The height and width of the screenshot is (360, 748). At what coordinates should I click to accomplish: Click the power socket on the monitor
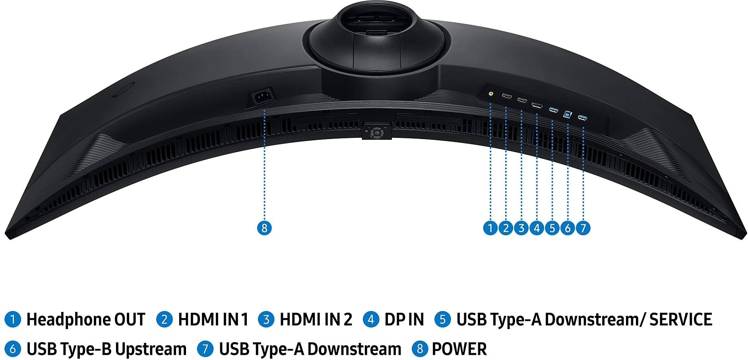[x=261, y=97]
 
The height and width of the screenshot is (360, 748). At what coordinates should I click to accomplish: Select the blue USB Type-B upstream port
[x=568, y=114]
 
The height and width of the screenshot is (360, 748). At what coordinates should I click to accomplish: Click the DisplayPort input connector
[x=537, y=105]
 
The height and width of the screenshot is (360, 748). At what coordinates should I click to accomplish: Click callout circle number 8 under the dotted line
[x=264, y=228]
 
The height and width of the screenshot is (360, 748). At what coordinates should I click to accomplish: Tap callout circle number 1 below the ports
[x=490, y=228]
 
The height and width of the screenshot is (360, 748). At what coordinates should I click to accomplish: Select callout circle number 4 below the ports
[x=537, y=228]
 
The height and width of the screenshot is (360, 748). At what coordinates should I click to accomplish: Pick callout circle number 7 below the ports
[x=583, y=228]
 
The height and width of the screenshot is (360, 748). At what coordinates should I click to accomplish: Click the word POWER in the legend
[x=459, y=349]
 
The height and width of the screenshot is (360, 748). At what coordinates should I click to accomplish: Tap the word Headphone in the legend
[x=68, y=319]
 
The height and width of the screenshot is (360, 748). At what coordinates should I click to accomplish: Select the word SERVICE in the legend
[x=681, y=319]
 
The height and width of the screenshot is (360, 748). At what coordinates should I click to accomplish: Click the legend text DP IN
[x=404, y=319]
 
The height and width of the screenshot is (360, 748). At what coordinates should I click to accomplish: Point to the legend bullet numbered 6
[x=13, y=349]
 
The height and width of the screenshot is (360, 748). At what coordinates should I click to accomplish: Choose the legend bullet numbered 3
[x=266, y=319]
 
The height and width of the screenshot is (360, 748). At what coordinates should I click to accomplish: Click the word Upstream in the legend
[x=151, y=349]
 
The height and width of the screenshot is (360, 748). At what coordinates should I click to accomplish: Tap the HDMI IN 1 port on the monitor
[x=507, y=97]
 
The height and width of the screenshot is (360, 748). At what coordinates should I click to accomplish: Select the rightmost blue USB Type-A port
[x=583, y=118]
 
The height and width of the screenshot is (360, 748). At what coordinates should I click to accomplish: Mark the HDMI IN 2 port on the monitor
[x=522, y=100]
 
